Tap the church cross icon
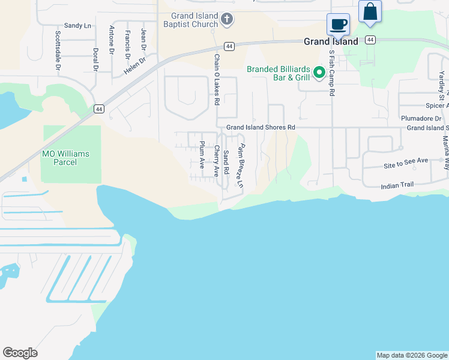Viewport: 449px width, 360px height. pyautogui.click(x=227, y=20)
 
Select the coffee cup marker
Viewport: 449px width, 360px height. pyautogui.click(x=339, y=25)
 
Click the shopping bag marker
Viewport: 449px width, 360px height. pyautogui.click(x=370, y=12)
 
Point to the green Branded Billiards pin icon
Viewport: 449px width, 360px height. pyautogui.click(x=320, y=73)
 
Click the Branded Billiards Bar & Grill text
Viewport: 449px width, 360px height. pyautogui.click(x=279, y=73)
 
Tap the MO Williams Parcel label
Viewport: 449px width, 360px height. pyautogui.click(x=65, y=158)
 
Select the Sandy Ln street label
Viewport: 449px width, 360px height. pyautogui.click(x=77, y=26)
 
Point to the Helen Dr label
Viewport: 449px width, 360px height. pyautogui.click(x=135, y=66)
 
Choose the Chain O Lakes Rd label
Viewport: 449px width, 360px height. pyautogui.click(x=217, y=79)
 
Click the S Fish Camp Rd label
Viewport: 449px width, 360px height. pyautogui.click(x=331, y=73)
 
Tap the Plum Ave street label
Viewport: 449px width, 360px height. pyautogui.click(x=202, y=155)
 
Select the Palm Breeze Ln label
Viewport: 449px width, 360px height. pyautogui.click(x=240, y=167)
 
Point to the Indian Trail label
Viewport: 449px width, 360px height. pyautogui.click(x=397, y=187)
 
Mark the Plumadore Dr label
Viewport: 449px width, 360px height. pyautogui.click(x=421, y=118)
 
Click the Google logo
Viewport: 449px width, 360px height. pyautogui.click(x=20, y=353)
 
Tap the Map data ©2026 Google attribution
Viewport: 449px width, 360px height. pyautogui.click(x=412, y=355)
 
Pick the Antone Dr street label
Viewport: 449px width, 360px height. pyautogui.click(x=112, y=40)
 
